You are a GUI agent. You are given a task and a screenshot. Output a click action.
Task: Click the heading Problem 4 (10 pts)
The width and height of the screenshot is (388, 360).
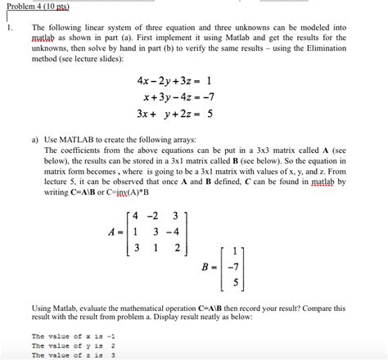(x=34, y=6)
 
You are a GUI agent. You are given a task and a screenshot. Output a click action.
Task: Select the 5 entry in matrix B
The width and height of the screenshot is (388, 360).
(x=234, y=285)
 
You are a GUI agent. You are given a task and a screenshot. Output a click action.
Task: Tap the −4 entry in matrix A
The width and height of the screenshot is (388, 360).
(x=169, y=232)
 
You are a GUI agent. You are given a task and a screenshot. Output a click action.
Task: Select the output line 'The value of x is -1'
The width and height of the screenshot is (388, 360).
(x=73, y=336)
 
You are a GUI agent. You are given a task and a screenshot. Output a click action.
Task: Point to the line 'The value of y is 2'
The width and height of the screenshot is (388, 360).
(x=73, y=346)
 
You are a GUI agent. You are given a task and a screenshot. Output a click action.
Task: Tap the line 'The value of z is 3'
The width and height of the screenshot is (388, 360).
(x=73, y=355)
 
